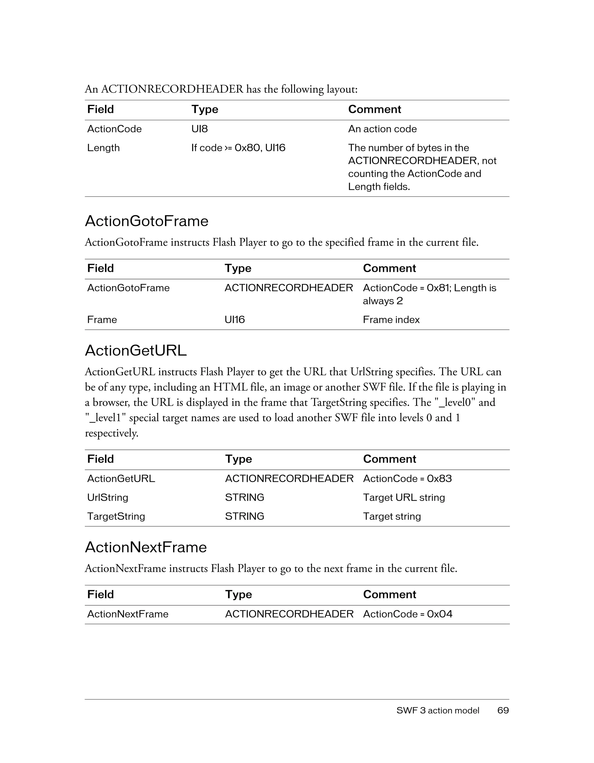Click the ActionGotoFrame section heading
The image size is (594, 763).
click(x=146, y=221)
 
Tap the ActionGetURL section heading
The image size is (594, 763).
click(x=136, y=350)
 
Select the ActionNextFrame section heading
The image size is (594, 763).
click(x=146, y=547)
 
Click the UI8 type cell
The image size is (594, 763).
click(x=199, y=129)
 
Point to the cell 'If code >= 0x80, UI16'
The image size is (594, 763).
click(x=238, y=148)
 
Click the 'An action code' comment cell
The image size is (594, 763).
click(x=382, y=129)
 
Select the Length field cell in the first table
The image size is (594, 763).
click(x=103, y=148)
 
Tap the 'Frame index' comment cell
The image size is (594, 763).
click(x=391, y=320)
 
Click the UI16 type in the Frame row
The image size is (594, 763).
click(x=235, y=320)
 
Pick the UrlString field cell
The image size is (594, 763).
click(x=108, y=498)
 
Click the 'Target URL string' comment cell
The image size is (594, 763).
click(x=404, y=498)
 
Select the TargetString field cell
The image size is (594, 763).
click(x=116, y=516)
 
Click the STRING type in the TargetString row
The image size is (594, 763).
click(x=245, y=516)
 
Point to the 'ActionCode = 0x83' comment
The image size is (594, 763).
click(x=407, y=479)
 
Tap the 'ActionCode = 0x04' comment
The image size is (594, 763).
click(x=408, y=614)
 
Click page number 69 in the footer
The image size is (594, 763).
click(x=503, y=711)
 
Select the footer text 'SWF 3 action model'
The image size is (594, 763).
click(x=438, y=711)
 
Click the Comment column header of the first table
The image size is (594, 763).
click(x=374, y=109)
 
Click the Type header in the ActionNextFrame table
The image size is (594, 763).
click(x=238, y=595)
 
